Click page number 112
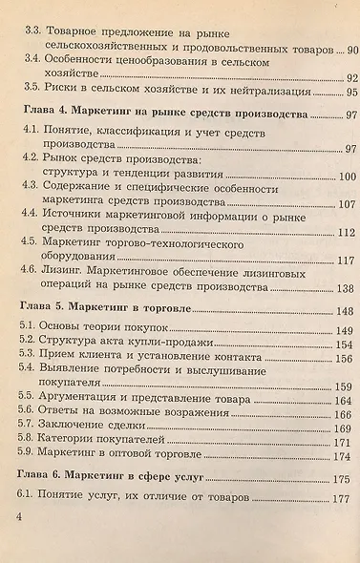pyautogui.click(x=345, y=233)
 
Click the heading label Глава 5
pyautogui.click(x=43, y=310)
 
